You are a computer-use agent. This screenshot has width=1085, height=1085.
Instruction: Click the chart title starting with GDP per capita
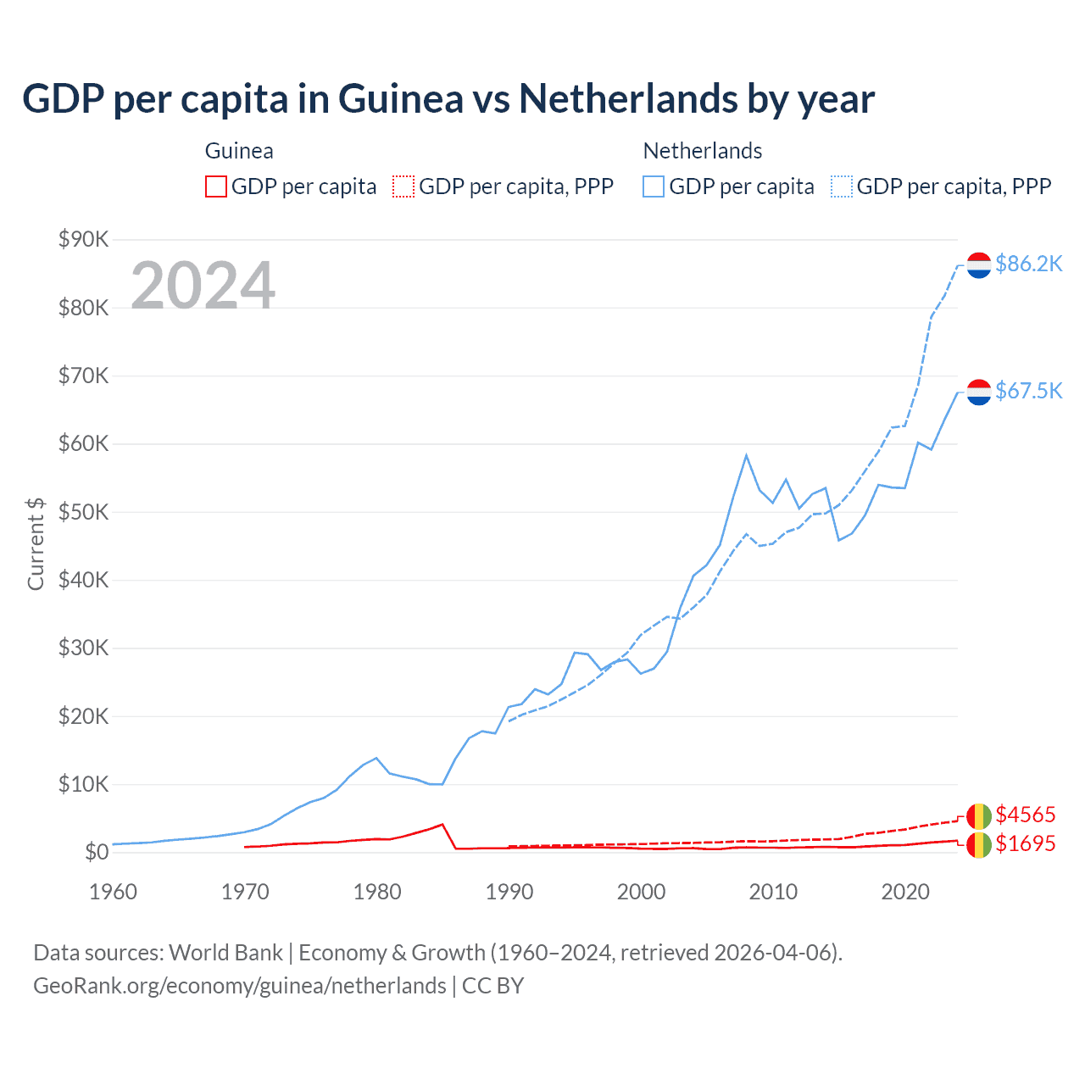448,99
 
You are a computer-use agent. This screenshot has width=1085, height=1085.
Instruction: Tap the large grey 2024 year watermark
203,286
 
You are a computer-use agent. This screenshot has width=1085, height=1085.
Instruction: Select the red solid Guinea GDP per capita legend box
216,186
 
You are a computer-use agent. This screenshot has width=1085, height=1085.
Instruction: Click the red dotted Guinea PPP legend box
403,186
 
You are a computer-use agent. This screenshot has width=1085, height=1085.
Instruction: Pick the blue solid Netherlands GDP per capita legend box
654,186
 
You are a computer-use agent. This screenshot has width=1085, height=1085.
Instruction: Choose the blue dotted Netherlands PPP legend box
842,186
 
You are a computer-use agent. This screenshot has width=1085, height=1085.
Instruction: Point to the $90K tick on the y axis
83,239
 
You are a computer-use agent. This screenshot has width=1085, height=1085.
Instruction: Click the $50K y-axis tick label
83,512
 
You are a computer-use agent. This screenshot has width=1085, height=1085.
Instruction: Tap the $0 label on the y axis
97,852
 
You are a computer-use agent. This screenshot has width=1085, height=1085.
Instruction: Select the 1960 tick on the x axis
113,892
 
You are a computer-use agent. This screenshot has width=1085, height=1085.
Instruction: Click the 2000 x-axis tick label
642,892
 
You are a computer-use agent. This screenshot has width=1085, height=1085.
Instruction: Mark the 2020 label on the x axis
905,892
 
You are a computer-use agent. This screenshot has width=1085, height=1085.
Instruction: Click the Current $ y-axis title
36,543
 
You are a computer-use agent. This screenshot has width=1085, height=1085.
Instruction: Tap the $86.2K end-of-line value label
1028,264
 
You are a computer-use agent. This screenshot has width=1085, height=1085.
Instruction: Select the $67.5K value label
1028,391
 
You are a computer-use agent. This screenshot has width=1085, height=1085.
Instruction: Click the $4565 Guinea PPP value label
1025,815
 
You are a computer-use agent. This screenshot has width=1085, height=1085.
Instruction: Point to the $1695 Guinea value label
1025,843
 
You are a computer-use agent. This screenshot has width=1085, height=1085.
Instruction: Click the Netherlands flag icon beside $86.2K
979,265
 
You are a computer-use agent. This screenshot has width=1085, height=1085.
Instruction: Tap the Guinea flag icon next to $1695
979,844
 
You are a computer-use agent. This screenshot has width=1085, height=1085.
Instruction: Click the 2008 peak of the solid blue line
746,456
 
